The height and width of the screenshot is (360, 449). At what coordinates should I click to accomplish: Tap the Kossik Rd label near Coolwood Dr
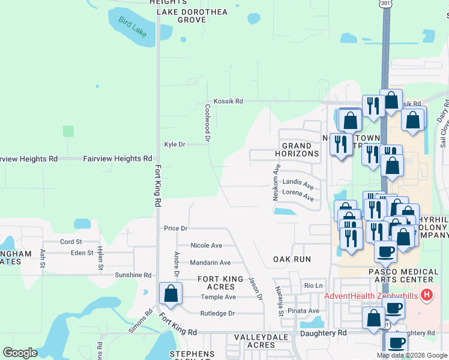[229, 101]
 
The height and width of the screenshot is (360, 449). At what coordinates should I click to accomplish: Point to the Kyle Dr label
[175, 145]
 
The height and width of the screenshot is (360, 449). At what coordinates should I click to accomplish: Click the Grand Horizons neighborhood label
[297, 150]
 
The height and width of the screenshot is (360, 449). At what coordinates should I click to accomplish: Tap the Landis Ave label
[298, 184]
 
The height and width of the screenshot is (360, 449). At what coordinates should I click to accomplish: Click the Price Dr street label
[176, 229]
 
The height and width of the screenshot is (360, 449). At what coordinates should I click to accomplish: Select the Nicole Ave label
[206, 245]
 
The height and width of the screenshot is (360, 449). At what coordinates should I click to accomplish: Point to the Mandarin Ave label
[210, 263]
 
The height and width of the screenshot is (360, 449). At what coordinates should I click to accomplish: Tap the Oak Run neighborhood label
[292, 259]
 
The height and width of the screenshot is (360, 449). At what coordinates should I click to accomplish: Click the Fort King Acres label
[220, 283]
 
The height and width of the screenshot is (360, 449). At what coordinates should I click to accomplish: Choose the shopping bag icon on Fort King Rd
[170, 294]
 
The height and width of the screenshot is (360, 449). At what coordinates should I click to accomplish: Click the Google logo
[20, 353]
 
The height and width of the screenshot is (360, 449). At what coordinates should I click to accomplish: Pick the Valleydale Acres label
[254, 341]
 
